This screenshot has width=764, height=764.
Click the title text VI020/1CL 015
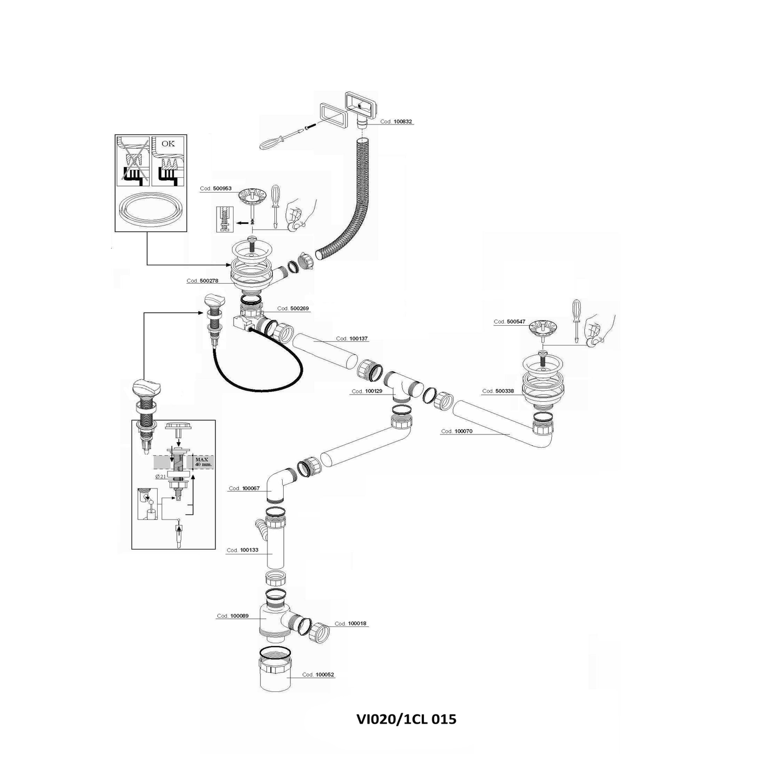406,719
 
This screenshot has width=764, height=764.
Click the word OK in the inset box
168,144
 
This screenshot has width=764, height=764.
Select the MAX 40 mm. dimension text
202,462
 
